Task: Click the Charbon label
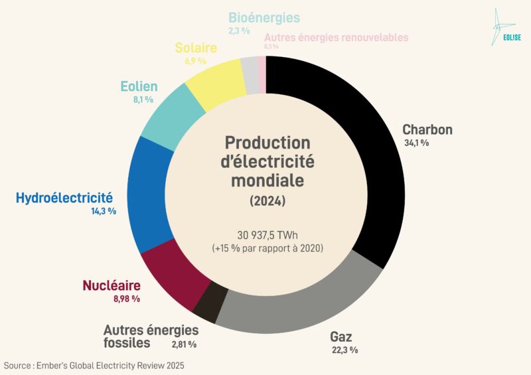click(x=427, y=129)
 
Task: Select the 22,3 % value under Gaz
click(x=344, y=350)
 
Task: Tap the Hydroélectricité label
click(x=64, y=198)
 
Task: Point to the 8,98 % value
click(x=126, y=299)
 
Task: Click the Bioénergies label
click(x=264, y=18)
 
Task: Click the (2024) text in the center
click(x=267, y=200)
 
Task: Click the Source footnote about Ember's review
click(x=94, y=366)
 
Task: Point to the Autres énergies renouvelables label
click(x=336, y=38)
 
